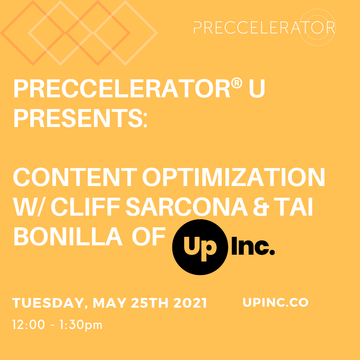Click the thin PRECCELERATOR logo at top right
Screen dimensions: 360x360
(264, 28)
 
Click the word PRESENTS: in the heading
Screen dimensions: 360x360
(80, 118)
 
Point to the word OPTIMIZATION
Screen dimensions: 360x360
(233, 178)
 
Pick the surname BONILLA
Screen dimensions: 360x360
(68, 237)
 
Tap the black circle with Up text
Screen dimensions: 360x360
(199, 247)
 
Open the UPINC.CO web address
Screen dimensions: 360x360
(276, 302)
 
